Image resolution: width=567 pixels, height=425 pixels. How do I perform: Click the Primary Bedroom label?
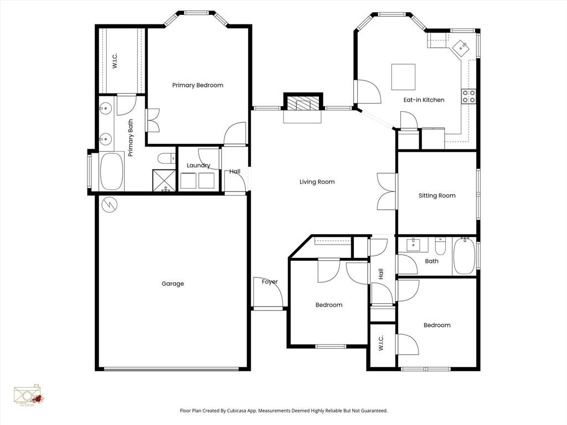click(198, 85)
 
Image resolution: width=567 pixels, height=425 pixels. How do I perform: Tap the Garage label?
click(173, 284)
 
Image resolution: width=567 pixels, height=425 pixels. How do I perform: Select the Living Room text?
click(317, 182)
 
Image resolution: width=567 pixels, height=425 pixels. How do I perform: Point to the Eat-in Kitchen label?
click(424, 100)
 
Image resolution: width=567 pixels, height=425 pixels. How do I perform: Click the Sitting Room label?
click(437, 196)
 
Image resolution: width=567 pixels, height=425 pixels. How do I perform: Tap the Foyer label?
click(270, 282)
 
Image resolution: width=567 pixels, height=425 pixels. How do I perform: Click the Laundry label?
click(198, 165)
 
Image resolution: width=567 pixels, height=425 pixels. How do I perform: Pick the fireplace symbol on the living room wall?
click(302, 105)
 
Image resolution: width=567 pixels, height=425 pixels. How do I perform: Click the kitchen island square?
click(403, 77)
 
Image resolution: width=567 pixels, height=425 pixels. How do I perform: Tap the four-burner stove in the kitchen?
click(469, 97)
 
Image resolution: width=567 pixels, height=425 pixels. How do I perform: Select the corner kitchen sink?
click(461, 48)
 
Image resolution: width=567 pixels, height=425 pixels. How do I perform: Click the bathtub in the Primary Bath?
click(112, 172)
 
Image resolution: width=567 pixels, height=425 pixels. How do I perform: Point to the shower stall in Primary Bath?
click(164, 180)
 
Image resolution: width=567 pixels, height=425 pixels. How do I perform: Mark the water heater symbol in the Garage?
click(110, 205)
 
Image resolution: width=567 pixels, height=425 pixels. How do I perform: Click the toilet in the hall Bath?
click(441, 245)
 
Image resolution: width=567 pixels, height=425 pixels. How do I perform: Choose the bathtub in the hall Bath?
click(465, 256)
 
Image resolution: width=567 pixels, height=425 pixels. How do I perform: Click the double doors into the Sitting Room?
click(386, 191)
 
